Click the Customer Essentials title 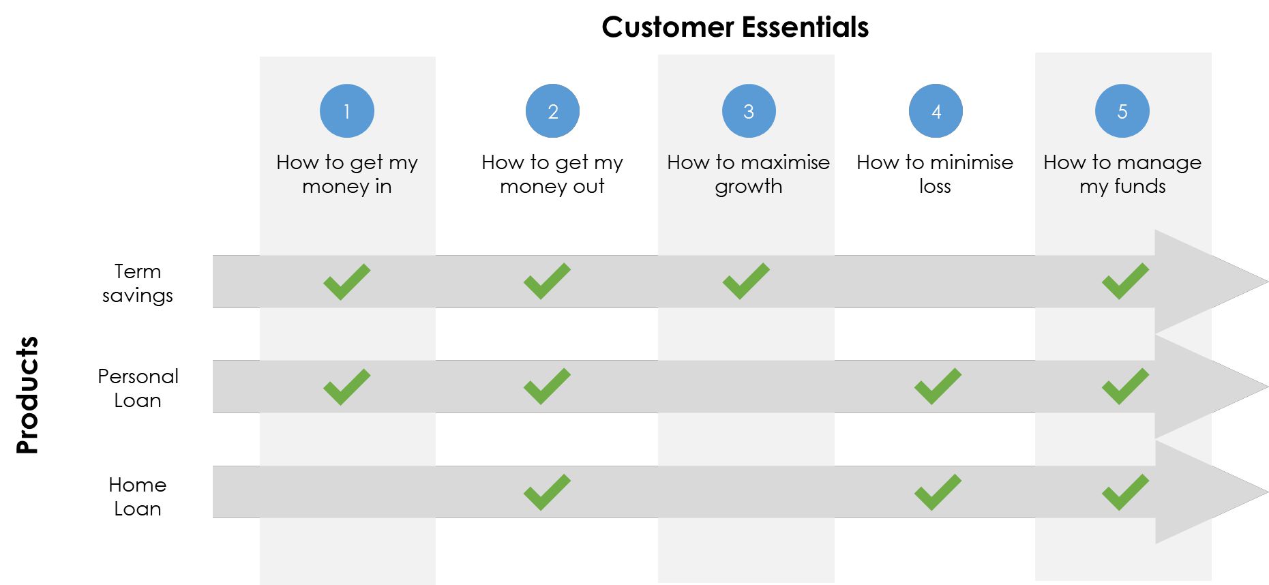(x=735, y=27)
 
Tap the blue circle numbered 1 (x=347, y=111)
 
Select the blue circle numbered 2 (x=552, y=111)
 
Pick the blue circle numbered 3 (x=749, y=111)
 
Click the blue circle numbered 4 (x=936, y=111)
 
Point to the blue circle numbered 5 (x=1122, y=111)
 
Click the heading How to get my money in (x=347, y=175)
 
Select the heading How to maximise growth (x=749, y=175)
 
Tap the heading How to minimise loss (x=935, y=174)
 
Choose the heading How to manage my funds (x=1122, y=175)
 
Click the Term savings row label (x=138, y=284)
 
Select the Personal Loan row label (x=138, y=388)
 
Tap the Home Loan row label (x=138, y=496)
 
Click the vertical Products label (x=28, y=395)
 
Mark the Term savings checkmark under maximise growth (x=746, y=281)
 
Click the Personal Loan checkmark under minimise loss (x=938, y=387)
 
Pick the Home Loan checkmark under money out (x=547, y=492)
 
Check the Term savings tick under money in (x=347, y=282)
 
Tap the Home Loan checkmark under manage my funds (x=1125, y=492)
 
